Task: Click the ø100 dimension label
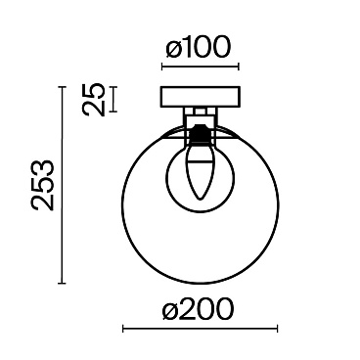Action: (x=199, y=48)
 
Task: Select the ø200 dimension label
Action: (x=198, y=308)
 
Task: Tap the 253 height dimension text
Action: (x=42, y=185)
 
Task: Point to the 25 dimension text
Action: (x=94, y=100)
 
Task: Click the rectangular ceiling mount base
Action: (x=200, y=97)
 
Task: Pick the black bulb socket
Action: (x=200, y=134)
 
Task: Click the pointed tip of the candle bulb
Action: (x=201, y=199)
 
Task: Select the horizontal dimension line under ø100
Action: (x=201, y=67)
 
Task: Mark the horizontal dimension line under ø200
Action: (x=200, y=329)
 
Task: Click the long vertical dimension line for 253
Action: (x=62, y=185)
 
